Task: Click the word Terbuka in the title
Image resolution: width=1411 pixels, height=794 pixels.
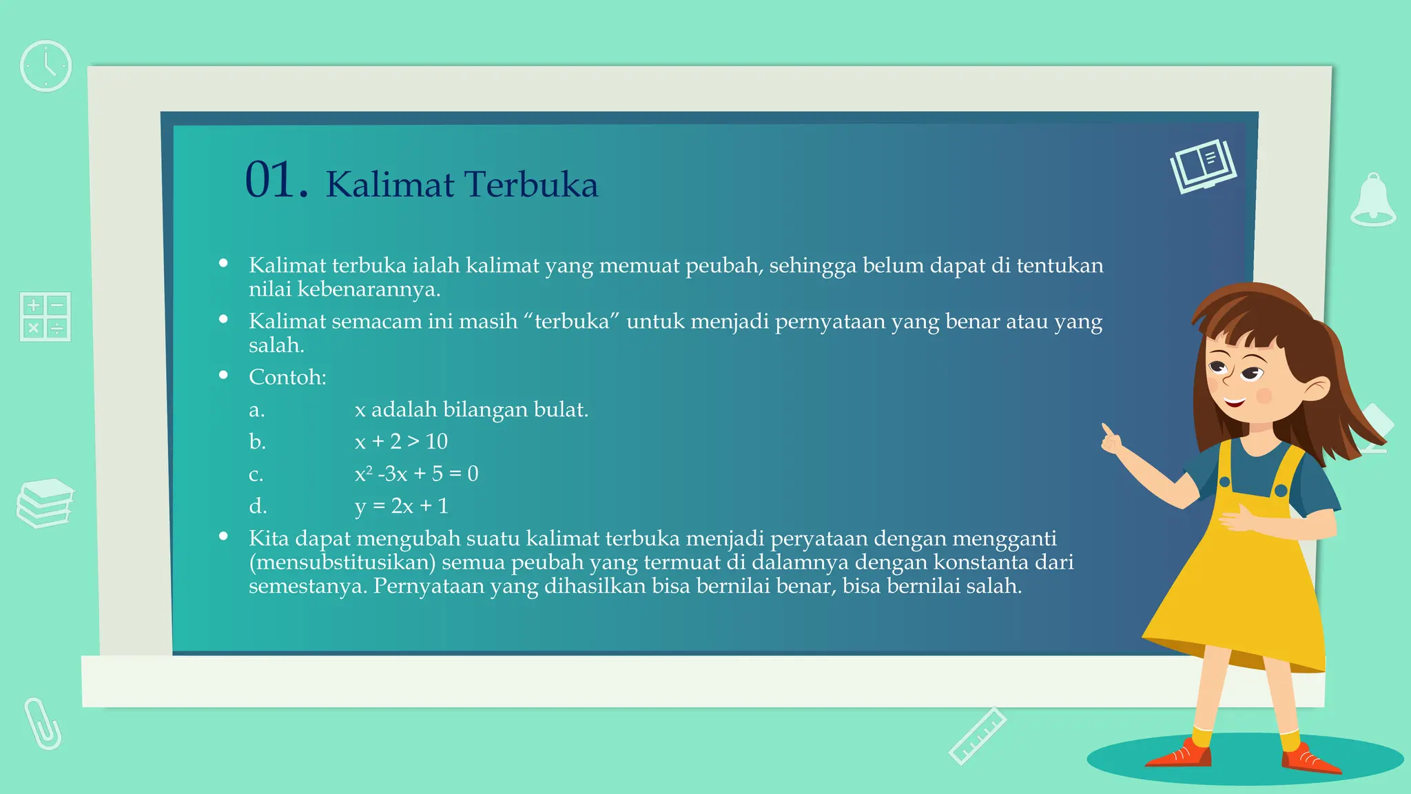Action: pyautogui.click(x=531, y=185)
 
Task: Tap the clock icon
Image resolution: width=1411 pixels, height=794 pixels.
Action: pyautogui.click(x=45, y=66)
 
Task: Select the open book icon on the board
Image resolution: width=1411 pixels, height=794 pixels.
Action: pyautogui.click(x=1203, y=166)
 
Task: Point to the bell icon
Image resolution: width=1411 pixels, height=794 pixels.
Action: pyautogui.click(x=1373, y=201)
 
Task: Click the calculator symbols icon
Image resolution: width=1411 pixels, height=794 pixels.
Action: pyautogui.click(x=45, y=316)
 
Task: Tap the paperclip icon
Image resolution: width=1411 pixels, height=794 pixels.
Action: pyautogui.click(x=43, y=724)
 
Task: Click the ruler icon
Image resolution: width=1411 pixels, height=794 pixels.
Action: pyautogui.click(x=977, y=736)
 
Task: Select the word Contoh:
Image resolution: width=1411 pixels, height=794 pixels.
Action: pyautogui.click(x=287, y=377)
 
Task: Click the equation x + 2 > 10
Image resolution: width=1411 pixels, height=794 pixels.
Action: pyautogui.click(x=401, y=442)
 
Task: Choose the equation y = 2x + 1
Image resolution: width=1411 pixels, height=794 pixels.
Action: pyautogui.click(x=401, y=507)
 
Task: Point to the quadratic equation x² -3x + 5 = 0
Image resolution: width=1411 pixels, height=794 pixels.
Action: pyautogui.click(x=416, y=474)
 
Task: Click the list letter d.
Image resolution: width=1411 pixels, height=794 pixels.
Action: pyautogui.click(x=257, y=507)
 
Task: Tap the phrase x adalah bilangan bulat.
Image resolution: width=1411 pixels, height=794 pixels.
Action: pyautogui.click(x=471, y=409)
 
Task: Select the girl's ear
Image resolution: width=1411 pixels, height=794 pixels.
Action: pyautogui.click(x=1317, y=389)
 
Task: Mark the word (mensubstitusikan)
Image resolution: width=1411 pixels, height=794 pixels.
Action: pyautogui.click(x=342, y=562)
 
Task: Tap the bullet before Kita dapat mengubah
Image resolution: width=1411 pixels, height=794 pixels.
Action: pyautogui.click(x=223, y=536)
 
